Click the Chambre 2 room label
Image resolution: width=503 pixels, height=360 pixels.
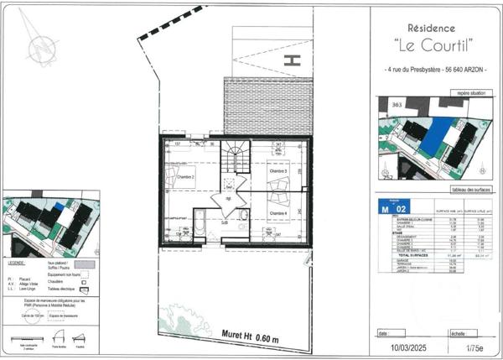(186, 177)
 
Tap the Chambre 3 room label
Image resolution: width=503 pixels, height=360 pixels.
(277, 171)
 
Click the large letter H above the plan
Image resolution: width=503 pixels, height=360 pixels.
(293, 60)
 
